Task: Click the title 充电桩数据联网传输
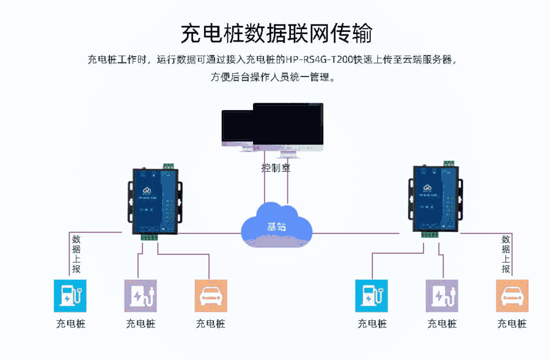(x=276, y=34)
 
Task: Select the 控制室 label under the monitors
(x=276, y=167)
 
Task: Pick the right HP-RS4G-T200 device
(x=435, y=197)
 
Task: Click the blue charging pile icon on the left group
(x=70, y=296)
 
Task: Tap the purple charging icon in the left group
(x=141, y=296)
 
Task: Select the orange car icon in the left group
(x=211, y=296)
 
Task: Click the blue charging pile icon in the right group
(x=372, y=296)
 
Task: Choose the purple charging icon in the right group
(x=442, y=296)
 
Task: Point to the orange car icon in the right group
(x=512, y=296)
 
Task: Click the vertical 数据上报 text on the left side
(x=76, y=254)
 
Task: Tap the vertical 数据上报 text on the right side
(x=506, y=254)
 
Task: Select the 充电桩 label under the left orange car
(x=211, y=323)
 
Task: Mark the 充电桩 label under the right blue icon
(x=372, y=323)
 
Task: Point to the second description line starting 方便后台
(x=273, y=78)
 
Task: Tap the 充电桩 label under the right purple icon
(x=442, y=323)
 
